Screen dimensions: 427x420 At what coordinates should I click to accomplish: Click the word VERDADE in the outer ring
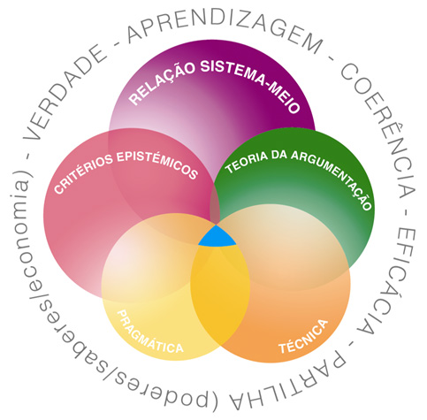pyautogui.click(x=65, y=92)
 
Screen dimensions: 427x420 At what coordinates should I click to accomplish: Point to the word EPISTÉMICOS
pyautogui.click(x=157, y=164)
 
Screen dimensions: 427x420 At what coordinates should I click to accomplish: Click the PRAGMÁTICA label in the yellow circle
pyautogui.click(x=149, y=332)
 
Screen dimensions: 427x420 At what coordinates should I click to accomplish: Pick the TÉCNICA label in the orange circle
pyautogui.click(x=303, y=337)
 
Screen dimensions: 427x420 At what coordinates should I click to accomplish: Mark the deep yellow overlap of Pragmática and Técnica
pyautogui.click(x=220, y=294)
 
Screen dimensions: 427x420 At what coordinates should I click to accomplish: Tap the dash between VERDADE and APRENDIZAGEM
pyautogui.click(x=117, y=44)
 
